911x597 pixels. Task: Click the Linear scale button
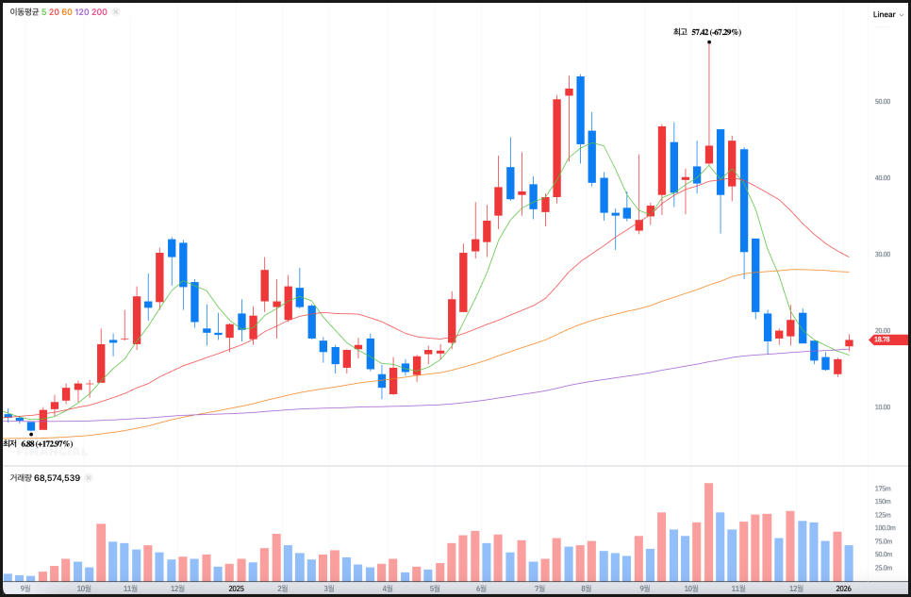tap(884, 14)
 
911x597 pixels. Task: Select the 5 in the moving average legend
tap(44, 12)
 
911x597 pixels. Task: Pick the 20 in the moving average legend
tap(55, 12)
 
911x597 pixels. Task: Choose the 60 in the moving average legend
tap(67, 12)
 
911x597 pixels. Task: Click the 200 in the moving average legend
tap(99, 12)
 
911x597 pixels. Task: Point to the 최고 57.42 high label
tap(706, 32)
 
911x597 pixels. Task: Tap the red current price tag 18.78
tap(882, 340)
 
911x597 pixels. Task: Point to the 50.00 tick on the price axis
tap(883, 101)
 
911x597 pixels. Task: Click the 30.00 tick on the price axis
tap(883, 255)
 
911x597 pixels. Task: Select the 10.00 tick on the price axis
tap(883, 407)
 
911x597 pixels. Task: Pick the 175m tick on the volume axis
tap(883, 489)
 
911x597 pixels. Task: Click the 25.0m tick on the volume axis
tap(883, 568)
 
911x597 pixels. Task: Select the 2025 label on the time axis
tap(237, 588)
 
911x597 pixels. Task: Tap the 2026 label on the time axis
tap(845, 588)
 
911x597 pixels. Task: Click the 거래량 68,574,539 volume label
tap(44, 478)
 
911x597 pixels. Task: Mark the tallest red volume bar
tap(708, 532)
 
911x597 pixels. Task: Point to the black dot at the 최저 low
tap(31, 434)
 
